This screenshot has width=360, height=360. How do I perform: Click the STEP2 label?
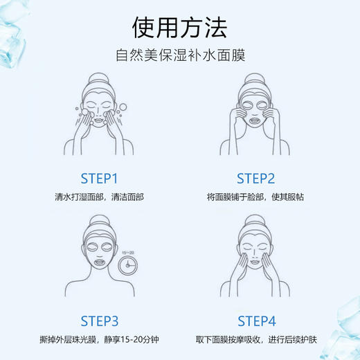[256, 178]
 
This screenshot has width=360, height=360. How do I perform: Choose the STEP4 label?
[257, 321]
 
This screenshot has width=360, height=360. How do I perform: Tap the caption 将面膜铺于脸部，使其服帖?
[256, 197]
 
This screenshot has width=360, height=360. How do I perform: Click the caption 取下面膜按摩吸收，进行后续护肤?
[256, 340]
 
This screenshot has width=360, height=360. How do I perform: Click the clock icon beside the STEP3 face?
[128, 264]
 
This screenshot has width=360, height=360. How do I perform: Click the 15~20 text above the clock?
[127, 253]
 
